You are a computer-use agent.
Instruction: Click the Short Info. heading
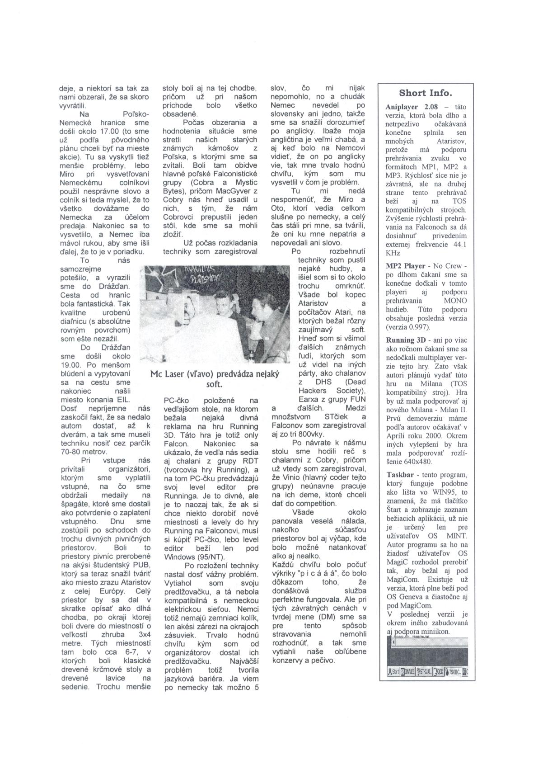pyautogui.click(x=425, y=93)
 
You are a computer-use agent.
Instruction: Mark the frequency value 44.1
pyautogui.click(x=459, y=245)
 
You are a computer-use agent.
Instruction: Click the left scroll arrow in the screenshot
pyautogui.click(x=394, y=642)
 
